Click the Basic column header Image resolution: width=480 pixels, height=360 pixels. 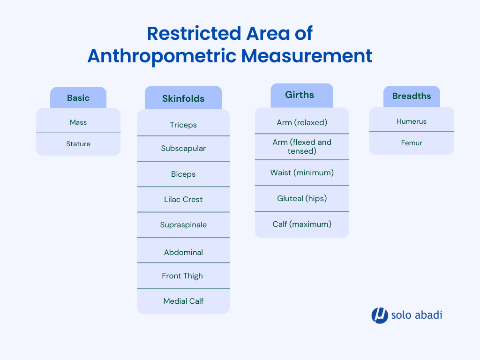click(x=78, y=97)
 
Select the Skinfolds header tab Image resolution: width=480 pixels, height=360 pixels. click(x=183, y=98)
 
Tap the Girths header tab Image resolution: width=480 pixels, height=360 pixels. click(x=302, y=95)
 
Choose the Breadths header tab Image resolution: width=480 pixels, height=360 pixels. click(x=412, y=97)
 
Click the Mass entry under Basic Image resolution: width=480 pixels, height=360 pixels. click(x=78, y=122)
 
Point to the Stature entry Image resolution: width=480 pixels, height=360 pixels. click(x=78, y=143)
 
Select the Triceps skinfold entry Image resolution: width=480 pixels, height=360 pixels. click(x=183, y=125)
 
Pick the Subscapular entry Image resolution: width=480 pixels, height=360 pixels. click(x=183, y=149)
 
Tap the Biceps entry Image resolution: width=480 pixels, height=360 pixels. click(x=183, y=174)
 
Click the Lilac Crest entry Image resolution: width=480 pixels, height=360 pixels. click(x=183, y=199)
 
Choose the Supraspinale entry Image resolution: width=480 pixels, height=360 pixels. click(x=183, y=225)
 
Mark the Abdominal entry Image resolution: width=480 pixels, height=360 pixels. click(x=183, y=252)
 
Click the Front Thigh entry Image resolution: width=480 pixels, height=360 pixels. click(x=182, y=276)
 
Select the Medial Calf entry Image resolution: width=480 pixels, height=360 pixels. click(x=183, y=301)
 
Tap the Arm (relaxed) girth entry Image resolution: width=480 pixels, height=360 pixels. click(x=302, y=122)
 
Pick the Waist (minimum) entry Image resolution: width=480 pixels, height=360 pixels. click(x=302, y=172)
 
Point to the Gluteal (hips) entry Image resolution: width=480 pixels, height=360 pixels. click(x=302, y=198)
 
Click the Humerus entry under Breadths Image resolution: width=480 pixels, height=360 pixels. click(x=412, y=121)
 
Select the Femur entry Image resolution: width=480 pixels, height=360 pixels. click(x=412, y=143)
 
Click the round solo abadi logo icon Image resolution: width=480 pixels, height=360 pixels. click(x=380, y=315)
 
